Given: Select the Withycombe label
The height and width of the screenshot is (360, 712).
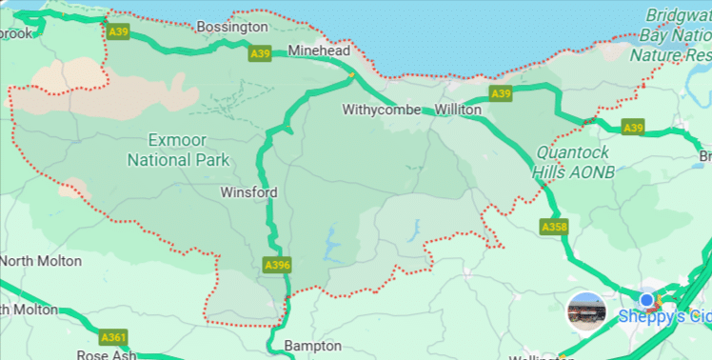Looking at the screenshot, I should point(382,110).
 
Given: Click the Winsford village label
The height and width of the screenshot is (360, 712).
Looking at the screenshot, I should point(248,192).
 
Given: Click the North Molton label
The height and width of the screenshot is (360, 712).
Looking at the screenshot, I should point(41,261).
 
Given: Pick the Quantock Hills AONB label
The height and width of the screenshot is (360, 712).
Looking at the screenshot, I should point(575,161).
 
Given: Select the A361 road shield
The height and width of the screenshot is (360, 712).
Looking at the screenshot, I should point(113,337).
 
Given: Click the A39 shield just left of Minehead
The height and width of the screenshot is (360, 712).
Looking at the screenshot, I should point(261,54).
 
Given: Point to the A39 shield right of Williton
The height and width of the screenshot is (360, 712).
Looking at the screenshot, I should point(502,93).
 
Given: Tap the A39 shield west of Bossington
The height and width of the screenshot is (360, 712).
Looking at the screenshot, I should point(118,32).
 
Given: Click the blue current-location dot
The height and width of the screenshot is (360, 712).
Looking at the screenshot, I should point(648,301).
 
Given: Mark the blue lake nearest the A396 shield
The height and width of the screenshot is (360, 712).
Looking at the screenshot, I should point(332,245).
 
